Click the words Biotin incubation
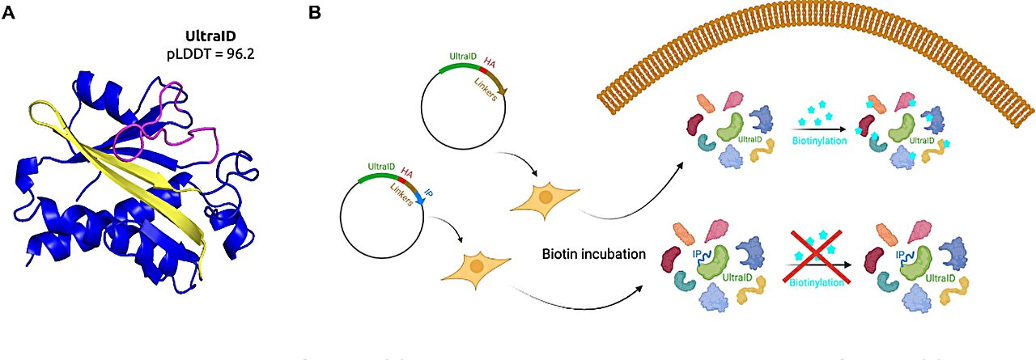pyautogui.click(x=593, y=254)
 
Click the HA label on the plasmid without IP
pyautogui.click(x=490, y=61)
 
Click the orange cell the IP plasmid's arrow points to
pyautogui.click(x=476, y=268)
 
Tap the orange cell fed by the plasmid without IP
pyautogui.click(x=546, y=198)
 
